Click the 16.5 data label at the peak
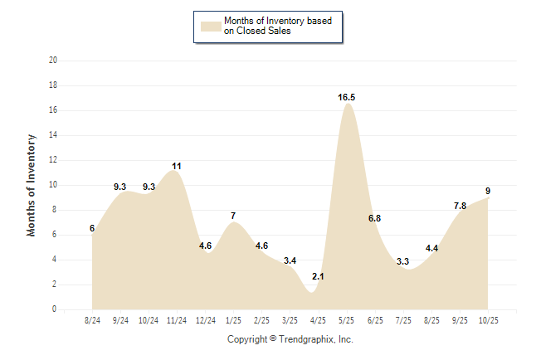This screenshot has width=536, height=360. pos(347,98)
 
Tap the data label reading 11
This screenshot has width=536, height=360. pos(177,166)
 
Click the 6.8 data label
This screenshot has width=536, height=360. pos(374,218)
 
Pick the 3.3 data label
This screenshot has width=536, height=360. pos(403,261)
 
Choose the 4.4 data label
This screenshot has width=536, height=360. pos(431,248)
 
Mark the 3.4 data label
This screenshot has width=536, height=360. pos(290,260)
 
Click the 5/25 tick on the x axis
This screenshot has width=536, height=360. pos(347,320)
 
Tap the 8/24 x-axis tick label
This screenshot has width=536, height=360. pos(92,320)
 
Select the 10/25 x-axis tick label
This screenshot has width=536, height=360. pos(488,320)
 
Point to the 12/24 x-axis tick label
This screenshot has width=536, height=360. pos(205,320)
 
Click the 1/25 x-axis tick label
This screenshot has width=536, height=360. pos(233,320)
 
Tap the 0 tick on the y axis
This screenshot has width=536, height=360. pos(55,309)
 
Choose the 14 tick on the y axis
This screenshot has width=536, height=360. pos(53,135)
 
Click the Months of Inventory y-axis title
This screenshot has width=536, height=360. pos(32,185)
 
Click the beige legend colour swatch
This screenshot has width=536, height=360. pos(211,26)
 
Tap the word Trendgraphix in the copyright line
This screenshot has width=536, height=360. pos(307,339)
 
